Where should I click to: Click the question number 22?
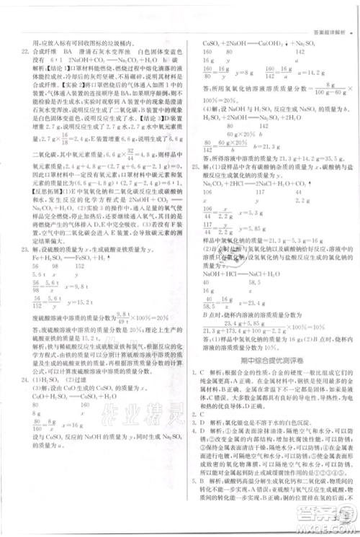26,52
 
